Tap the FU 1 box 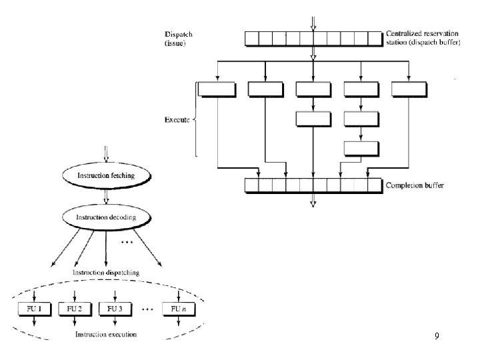tap(31, 309)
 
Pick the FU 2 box tap(74, 309)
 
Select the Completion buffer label tap(416, 185)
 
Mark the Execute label tap(177, 120)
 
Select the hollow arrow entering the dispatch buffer tap(313, 21)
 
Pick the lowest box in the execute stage tap(361, 148)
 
